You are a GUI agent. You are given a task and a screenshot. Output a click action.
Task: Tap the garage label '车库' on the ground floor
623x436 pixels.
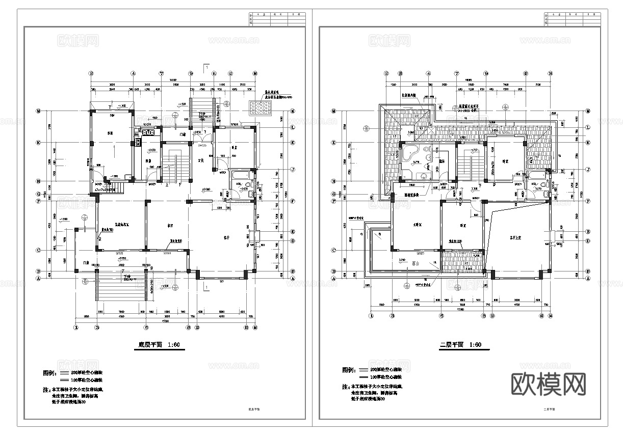coord(110,133)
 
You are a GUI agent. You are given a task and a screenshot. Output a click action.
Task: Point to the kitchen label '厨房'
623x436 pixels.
coord(149,161)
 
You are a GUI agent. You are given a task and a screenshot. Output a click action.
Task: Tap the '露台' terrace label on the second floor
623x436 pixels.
coord(414,264)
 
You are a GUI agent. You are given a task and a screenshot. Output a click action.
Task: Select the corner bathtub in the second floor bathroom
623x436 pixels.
coord(410,155)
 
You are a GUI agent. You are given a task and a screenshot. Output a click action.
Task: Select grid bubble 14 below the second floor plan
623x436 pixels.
coord(551,316)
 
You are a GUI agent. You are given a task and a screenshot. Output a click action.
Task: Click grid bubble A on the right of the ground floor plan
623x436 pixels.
coord(293,279)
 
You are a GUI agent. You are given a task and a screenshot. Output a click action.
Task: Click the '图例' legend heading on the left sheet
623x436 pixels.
coord(49,373)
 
